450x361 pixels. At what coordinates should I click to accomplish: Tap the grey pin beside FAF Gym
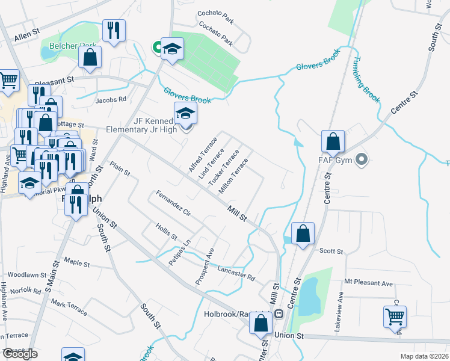[361, 160]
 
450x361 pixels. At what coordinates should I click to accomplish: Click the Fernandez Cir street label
[173, 205]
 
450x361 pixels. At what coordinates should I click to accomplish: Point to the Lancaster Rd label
[236, 274]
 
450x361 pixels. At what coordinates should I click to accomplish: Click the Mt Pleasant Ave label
[368, 283]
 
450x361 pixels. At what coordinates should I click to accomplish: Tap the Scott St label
[331, 251]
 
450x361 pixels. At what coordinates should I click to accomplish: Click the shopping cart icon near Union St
[395, 316]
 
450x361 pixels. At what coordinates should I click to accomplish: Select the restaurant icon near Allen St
[114, 30]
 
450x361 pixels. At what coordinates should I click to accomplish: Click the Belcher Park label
[64, 46]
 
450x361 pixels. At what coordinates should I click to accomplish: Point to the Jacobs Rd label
[111, 99]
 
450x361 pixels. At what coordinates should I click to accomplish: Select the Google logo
[20, 354]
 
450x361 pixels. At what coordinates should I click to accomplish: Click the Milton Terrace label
[233, 177]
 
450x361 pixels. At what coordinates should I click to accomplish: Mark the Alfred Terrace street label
[202, 154]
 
